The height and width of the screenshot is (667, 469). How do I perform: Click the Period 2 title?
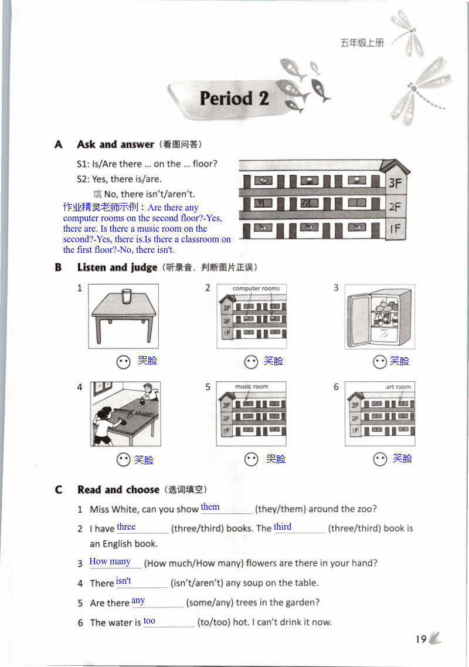tap(234, 99)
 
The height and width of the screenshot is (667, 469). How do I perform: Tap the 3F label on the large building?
tap(395, 183)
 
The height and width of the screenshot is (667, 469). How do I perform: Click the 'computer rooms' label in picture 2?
tap(256, 289)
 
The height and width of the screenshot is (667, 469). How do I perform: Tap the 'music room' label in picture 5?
tap(251, 387)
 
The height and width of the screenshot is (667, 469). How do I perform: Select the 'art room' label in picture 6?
tap(398, 387)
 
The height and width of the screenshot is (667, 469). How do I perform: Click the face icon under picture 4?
tap(123, 460)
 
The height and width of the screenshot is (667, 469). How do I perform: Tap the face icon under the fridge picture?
tap(380, 362)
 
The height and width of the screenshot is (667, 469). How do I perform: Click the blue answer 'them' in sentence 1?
tap(210, 507)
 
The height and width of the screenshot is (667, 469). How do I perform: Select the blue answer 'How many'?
tap(110, 561)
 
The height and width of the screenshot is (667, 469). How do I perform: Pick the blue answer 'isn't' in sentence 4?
tap(124, 581)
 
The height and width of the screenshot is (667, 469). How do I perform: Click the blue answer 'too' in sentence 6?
tap(149, 621)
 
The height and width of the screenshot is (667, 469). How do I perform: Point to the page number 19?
tap(421, 639)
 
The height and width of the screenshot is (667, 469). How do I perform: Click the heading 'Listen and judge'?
tap(117, 268)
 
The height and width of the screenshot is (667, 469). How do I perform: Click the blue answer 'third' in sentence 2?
tap(283, 527)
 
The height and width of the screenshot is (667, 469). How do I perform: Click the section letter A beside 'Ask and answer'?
tap(58, 144)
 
